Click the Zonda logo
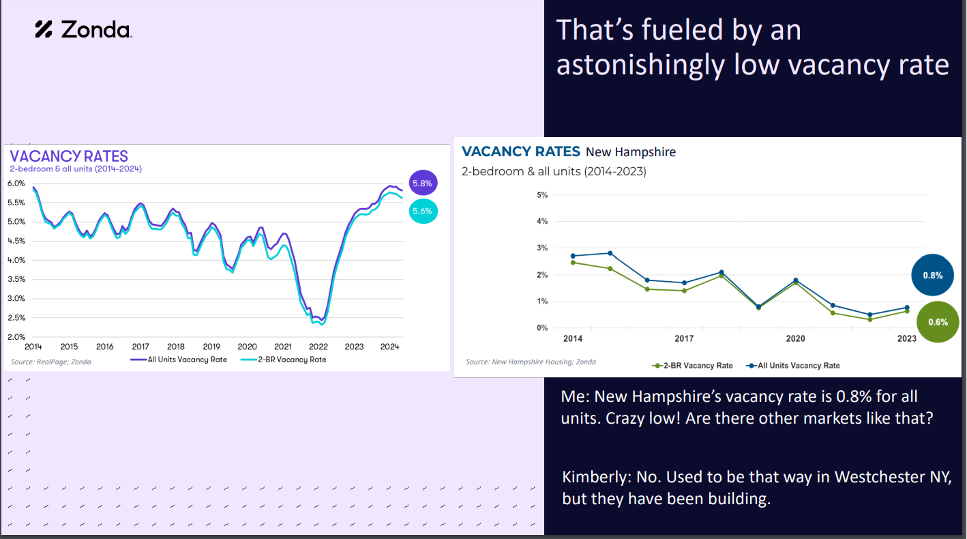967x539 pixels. (x=83, y=29)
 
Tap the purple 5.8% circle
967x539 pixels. (x=421, y=184)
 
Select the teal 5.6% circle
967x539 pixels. (x=421, y=212)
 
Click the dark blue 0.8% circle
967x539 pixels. (x=932, y=276)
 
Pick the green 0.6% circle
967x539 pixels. (x=938, y=322)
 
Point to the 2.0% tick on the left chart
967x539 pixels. (x=16, y=337)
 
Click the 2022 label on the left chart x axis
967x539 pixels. (x=318, y=347)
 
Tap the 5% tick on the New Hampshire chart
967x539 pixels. (x=542, y=195)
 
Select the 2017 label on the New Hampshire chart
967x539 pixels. (x=684, y=339)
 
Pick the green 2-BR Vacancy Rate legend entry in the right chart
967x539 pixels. (x=692, y=366)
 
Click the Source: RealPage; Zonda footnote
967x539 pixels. (x=51, y=362)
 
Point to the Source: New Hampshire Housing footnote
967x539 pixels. (x=531, y=362)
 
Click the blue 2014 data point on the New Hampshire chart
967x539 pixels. (x=573, y=256)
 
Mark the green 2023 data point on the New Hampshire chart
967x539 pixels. (x=907, y=311)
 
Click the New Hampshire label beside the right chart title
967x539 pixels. (x=631, y=152)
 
